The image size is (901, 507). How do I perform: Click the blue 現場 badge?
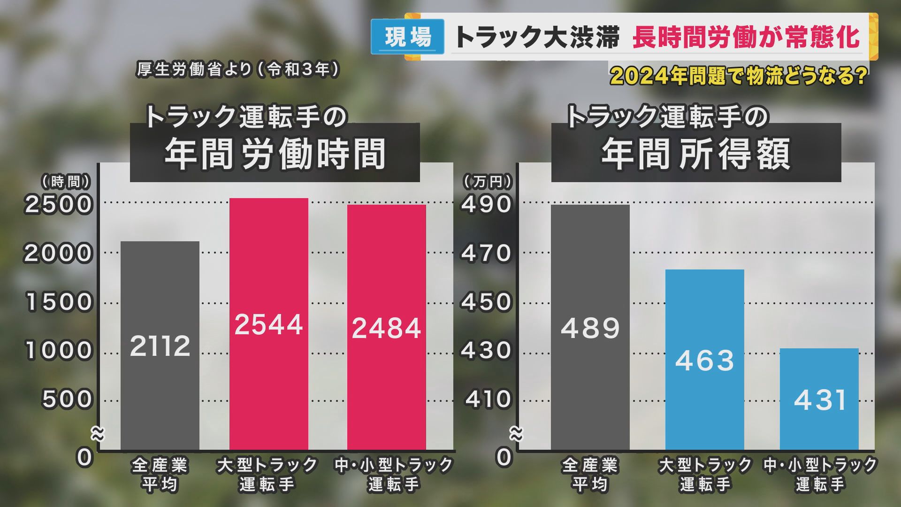(x=407, y=37)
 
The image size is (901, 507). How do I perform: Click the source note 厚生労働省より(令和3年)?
(x=237, y=70)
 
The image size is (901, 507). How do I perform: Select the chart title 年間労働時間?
(x=275, y=154)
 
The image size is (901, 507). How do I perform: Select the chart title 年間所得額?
(x=696, y=154)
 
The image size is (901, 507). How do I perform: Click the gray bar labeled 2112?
(x=160, y=346)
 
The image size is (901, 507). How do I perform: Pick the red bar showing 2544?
(x=268, y=324)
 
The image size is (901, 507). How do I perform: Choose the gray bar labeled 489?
(x=590, y=327)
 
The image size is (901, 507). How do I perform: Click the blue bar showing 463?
(x=704, y=360)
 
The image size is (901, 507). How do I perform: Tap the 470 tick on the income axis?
(x=487, y=253)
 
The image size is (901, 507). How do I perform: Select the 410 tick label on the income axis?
(x=488, y=399)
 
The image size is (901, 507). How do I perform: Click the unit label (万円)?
(x=488, y=182)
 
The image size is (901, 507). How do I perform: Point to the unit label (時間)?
(x=66, y=182)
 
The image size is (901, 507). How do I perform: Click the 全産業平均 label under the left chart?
(x=160, y=475)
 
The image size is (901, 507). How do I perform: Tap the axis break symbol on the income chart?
(x=516, y=435)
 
